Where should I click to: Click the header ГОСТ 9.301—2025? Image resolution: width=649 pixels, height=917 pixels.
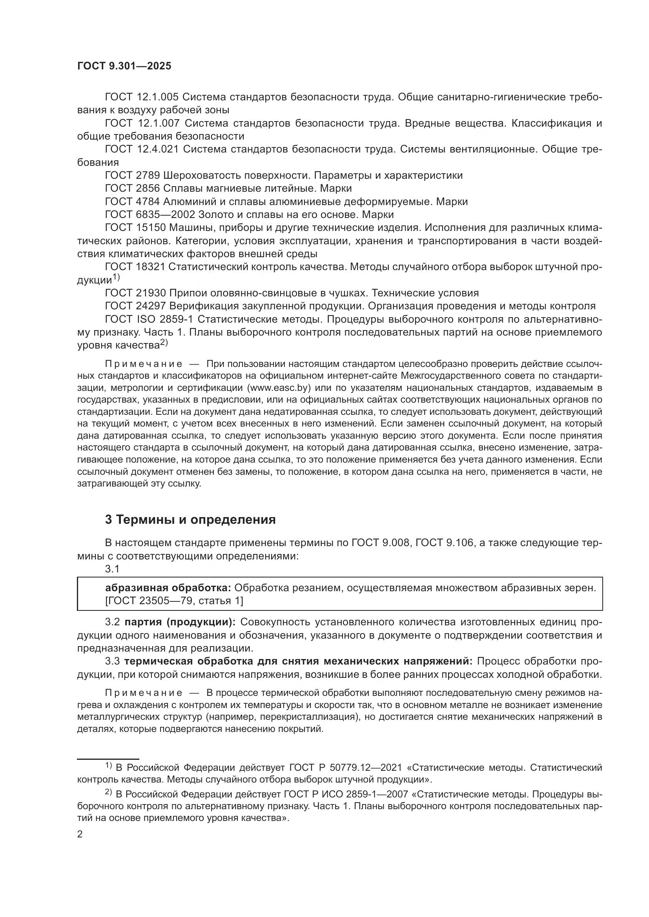point(124,66)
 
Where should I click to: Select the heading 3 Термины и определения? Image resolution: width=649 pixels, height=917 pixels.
point(190,519)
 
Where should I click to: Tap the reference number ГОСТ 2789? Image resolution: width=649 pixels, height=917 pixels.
point(132,175)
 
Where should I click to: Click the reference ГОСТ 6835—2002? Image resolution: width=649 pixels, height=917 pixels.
point(150,214)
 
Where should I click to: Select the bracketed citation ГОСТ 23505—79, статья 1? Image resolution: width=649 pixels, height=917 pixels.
point(174,601)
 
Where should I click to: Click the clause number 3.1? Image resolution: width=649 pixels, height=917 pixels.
point(112,569)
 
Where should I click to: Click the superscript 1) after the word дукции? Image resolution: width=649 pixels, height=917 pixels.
point(116,277)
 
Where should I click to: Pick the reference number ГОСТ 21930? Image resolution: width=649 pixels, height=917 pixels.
point(135,293)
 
